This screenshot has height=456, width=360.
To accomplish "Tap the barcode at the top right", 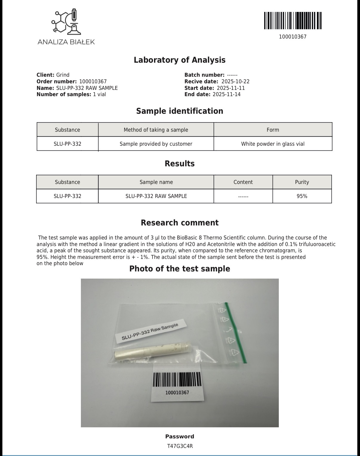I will tap(293, 21).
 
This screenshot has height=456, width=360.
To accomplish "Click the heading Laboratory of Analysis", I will tap(180, 60).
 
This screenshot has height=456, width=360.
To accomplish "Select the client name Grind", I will tap(63, 75).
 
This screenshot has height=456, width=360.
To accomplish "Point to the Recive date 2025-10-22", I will tap(235, 82).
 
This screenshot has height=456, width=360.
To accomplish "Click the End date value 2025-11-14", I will tap(226, 94).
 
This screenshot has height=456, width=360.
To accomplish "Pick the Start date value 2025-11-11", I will tap(231, 88).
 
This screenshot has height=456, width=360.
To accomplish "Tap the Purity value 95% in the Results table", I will tap(302, 196).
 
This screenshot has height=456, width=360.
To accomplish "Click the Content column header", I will tap(243, 182).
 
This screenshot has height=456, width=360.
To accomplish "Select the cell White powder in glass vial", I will tap(273, 144).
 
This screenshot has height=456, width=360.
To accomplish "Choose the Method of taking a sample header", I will tap(156, 130).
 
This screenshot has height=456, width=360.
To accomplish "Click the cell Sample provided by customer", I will tap(156, 144).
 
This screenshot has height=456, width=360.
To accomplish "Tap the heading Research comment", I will tap(180, 223).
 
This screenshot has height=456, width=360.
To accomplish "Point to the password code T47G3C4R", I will tap(180, 446).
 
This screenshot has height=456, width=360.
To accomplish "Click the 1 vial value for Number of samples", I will tap(99, 94).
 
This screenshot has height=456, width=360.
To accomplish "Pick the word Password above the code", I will tap(180, 436).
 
